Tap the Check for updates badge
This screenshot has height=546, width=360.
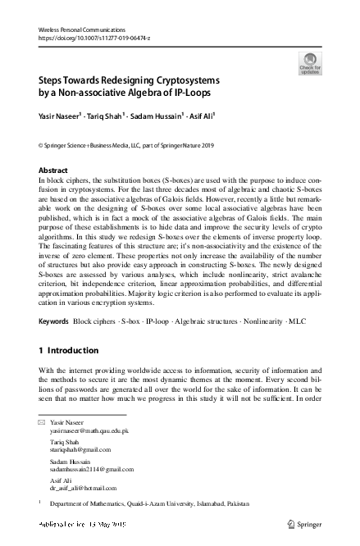pos(311,63)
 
